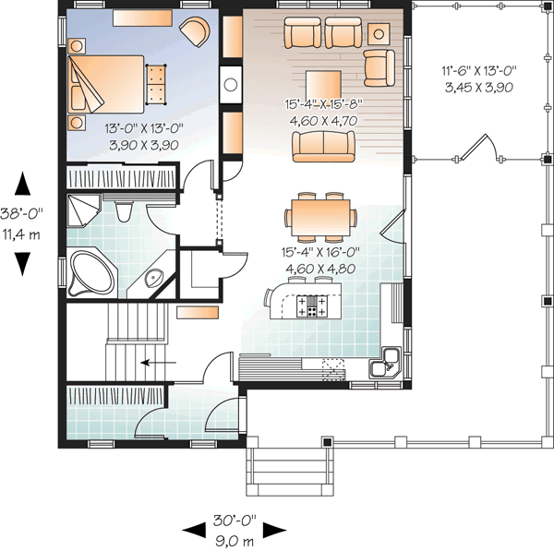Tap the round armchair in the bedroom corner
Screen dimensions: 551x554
click(x=195, y=31)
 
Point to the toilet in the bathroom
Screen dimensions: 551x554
click(x=127, y=212)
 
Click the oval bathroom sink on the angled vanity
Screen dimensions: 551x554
click(x=152, y=278)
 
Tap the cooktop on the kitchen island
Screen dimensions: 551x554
click(x=311, y=306)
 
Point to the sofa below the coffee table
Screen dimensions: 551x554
click(x=323, y=144)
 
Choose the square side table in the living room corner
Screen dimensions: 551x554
click(x=379, y=34)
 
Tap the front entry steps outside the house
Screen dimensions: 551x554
click(x=288, y=469)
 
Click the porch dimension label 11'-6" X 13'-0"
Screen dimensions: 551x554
click(x=479, y=69)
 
